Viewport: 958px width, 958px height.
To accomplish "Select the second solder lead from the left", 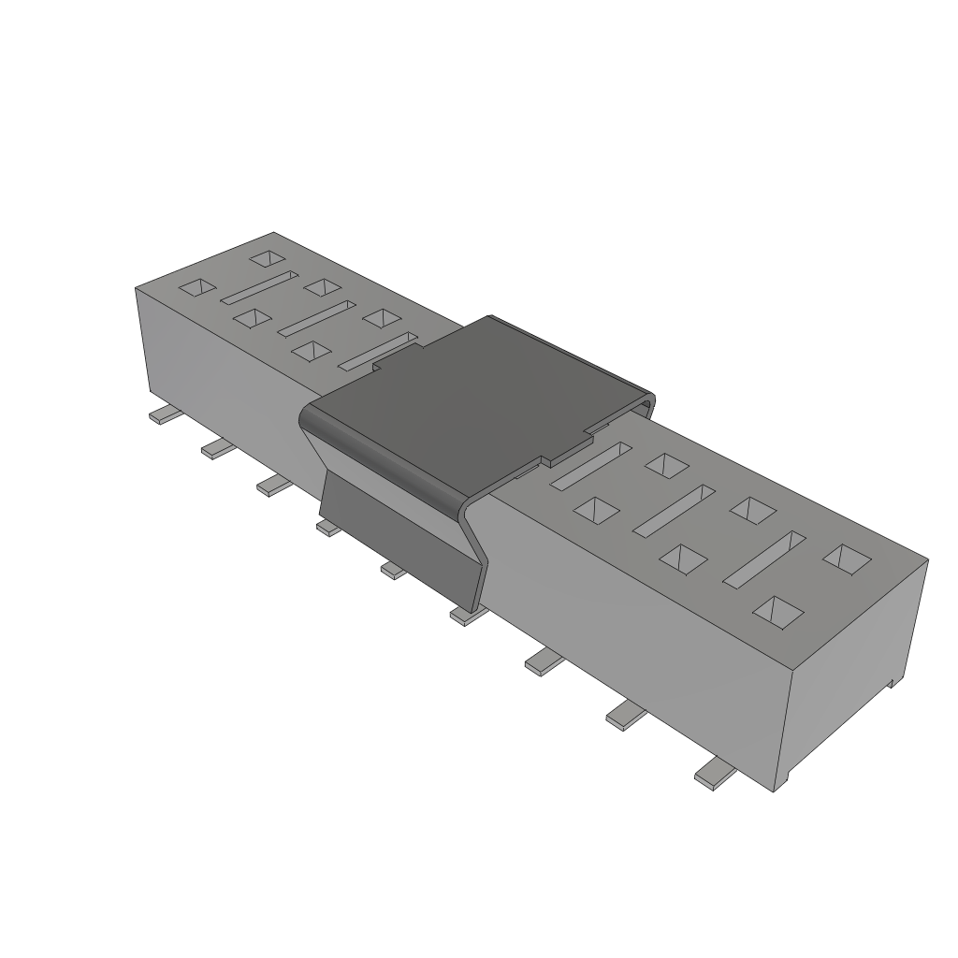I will [x=218, y=449].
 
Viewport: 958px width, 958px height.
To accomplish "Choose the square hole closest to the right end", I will [x=847, y=559].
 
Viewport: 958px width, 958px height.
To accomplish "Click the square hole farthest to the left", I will [x=197, y=287].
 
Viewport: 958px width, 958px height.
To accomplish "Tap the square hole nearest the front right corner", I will [x=778, y=611].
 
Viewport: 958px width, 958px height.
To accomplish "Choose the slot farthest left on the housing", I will [x=258, y=287].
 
